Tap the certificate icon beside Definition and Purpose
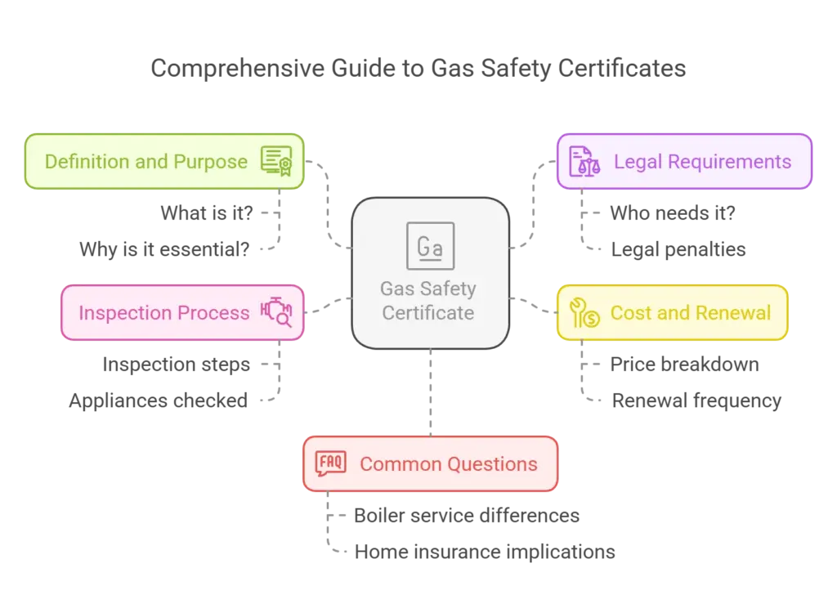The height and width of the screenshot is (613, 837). tap(276, 161)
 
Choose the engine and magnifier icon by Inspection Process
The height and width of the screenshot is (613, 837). tap(276, 312)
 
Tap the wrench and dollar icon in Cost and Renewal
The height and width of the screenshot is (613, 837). tap(584, 313)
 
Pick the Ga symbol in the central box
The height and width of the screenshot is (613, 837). tap(430, 246)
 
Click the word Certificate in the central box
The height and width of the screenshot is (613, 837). tap(428, 313)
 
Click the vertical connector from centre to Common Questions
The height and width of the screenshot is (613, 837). tap(429, 392)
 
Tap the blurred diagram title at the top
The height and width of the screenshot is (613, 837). tap(418, 68)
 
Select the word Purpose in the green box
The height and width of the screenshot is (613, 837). tap(215, 162)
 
